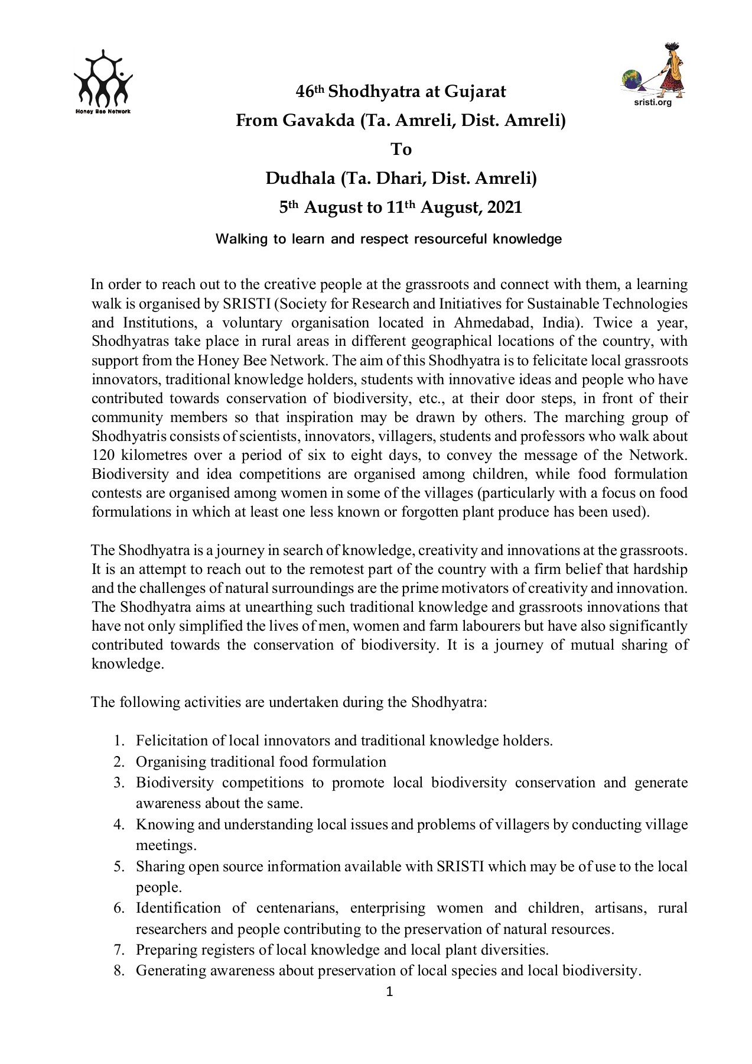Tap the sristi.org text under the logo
pos(652,102)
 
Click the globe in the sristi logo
pos(633,80)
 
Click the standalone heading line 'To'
pos(401,149)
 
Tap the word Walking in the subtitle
pos(239,239)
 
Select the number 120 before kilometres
pos(104,455)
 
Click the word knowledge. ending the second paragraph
pos(127,664)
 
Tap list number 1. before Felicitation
pos(119,741)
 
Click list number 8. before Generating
pos(119,971)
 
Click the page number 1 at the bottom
pos(389,992)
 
